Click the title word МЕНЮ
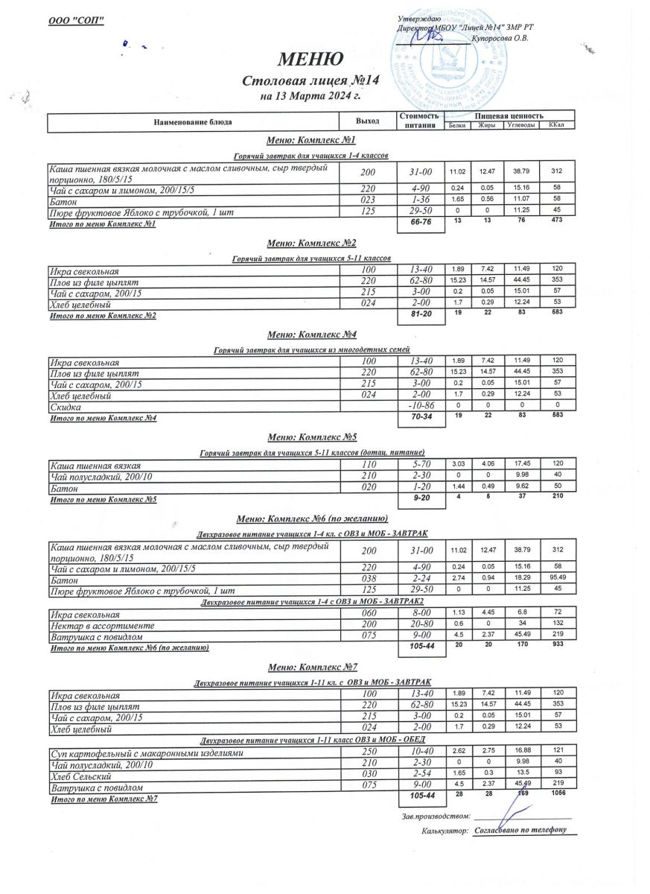[x=310, y=59]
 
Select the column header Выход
[x=368, y=121]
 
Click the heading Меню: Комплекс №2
[x=311, y=243]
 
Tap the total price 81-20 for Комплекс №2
[x=421, y=315]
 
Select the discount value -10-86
[x=421, y=408]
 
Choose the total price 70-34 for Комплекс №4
[x=421, y=419]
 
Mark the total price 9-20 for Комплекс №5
[x=421, y=499]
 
